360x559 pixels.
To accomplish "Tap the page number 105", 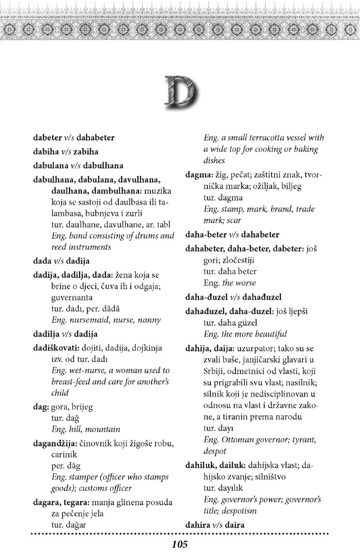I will tap(179, 544).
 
